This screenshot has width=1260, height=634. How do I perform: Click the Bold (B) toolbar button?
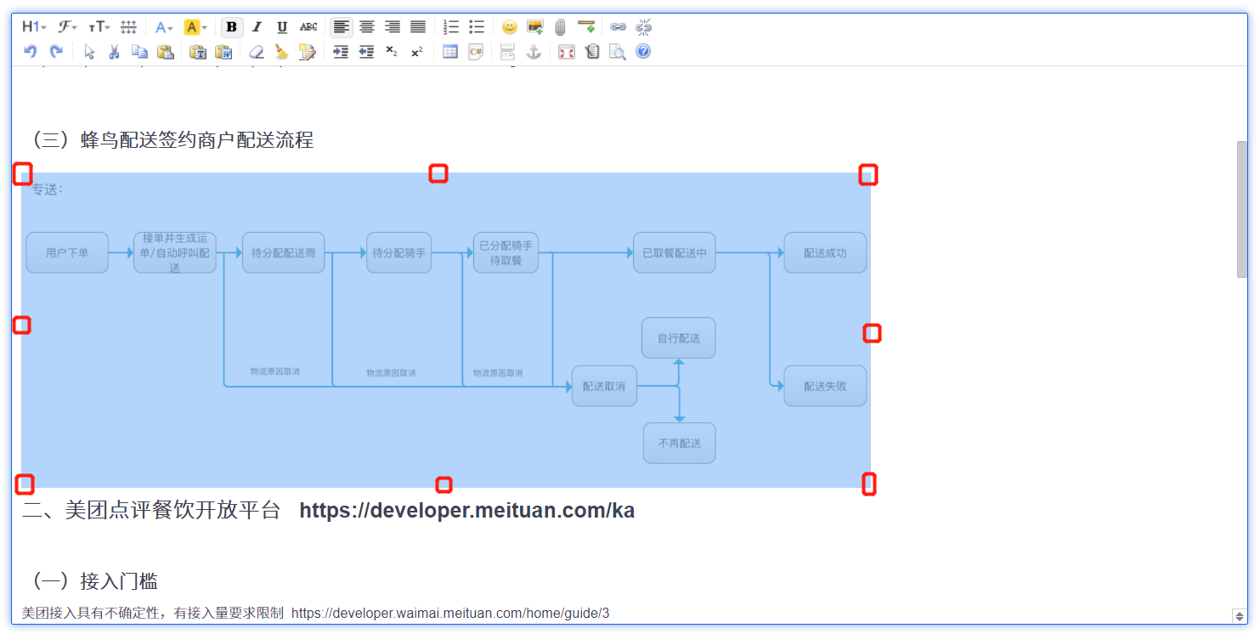pos(231,27)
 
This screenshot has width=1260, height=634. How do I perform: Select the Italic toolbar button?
pos(257,27)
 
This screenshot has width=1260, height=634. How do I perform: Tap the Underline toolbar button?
pos(282,27)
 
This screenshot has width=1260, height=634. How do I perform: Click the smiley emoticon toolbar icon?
pos(509,27)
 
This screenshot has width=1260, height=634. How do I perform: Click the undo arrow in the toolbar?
pos(31,52)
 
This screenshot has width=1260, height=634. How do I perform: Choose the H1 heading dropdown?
pos(34,27)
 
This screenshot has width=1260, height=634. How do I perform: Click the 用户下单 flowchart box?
pos(67,252)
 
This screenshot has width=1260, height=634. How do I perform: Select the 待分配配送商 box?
pos(284,252)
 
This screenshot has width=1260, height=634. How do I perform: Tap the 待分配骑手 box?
pos(399,252)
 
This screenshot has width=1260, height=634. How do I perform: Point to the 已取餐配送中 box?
pos(675,252)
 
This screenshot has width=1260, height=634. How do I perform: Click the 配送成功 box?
pos(825,252)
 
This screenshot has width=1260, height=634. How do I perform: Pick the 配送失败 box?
pos(825,386)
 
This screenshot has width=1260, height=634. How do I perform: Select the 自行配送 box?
pos(679,338)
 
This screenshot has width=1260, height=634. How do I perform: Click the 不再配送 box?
pos(679,443)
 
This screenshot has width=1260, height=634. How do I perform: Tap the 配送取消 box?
pos(604,386)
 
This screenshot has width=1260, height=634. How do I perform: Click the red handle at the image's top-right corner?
pos(867,175)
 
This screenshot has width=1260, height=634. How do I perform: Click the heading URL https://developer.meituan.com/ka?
pos(466,511)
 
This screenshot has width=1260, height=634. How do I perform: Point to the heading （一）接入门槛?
pos(94,581)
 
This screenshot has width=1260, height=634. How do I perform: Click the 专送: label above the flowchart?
pos(48,190)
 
